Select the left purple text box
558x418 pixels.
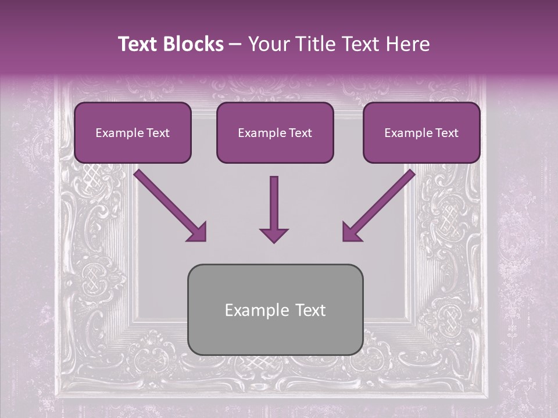133,132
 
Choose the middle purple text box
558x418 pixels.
275,132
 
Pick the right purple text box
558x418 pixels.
421,132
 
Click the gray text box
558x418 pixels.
275,309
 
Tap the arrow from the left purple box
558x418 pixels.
169,204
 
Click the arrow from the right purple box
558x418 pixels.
380,204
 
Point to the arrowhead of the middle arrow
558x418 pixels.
274,235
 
